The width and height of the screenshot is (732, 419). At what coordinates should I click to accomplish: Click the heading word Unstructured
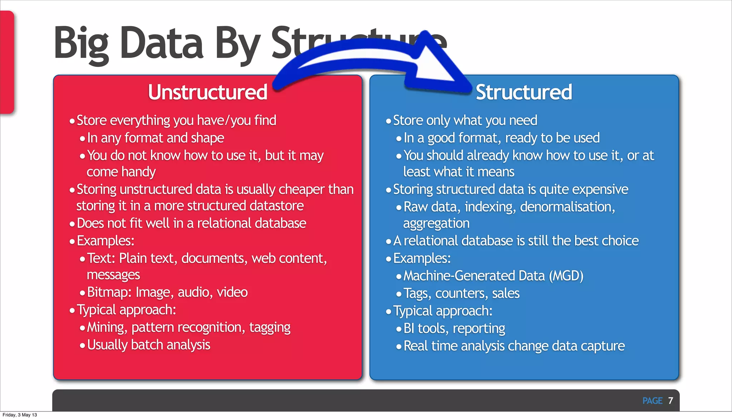(x=207, y=92)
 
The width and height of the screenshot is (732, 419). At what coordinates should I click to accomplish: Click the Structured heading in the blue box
(x=524, y=92)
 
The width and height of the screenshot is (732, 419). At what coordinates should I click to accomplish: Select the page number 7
(x=671, y=400)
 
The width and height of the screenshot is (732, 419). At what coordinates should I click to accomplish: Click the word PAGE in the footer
(x=652, y=401)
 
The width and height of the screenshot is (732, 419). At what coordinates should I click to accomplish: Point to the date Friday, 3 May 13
(x=20, y=415)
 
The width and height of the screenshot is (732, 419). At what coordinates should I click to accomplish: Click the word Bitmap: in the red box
(x=109, y=292)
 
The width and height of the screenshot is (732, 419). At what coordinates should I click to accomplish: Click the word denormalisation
(x=567, y=207)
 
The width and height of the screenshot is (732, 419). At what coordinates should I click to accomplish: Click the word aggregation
(x=436, y=224)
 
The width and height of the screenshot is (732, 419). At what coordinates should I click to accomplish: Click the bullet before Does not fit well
(x=72, y=224)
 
